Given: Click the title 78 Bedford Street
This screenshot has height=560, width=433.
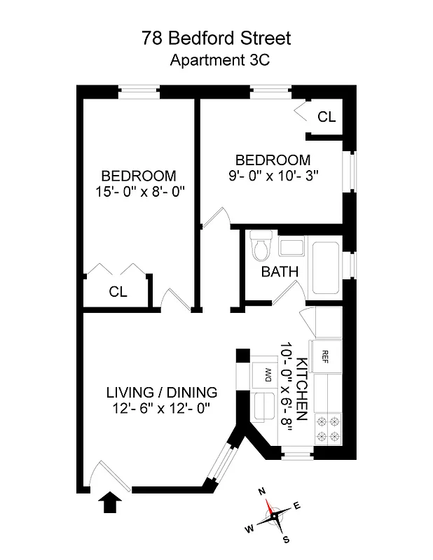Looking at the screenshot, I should point(216,38).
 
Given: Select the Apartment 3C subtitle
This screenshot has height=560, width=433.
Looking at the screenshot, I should point(220,59).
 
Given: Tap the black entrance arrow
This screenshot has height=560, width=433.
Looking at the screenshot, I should point(110,502).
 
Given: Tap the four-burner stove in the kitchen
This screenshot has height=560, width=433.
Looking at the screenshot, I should point(328,428).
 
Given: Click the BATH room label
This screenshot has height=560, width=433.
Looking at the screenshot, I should point(280,272).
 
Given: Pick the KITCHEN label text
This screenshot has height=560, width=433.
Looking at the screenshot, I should point(302,388).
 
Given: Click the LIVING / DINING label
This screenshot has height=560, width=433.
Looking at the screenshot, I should point(162,392).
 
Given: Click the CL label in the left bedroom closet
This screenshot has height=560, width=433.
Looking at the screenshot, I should point(118,293).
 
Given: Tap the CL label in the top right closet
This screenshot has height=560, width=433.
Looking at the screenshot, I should point(327,117).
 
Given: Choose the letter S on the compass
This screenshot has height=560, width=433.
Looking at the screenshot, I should point(287,538).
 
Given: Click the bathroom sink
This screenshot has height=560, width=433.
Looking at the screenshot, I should point(290,246).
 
